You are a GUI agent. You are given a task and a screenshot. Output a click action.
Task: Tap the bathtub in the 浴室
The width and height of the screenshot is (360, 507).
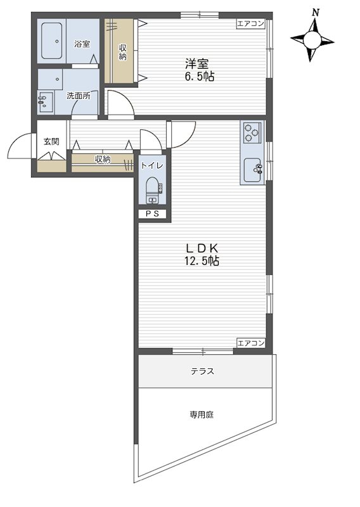click(x=52, y=41)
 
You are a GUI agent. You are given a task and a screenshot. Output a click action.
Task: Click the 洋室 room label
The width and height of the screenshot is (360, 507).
click(x=196, y=63)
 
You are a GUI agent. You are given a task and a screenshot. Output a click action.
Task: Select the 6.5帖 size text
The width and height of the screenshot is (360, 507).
click(x=199, y=77)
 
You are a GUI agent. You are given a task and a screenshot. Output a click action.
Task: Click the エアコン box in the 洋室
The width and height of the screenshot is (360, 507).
click(x=251, y=23)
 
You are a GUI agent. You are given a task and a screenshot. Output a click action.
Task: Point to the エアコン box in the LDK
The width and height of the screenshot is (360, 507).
click(x=251, y=343)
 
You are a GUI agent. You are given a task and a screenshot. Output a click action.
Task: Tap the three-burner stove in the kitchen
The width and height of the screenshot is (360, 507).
click(x=252, y=132)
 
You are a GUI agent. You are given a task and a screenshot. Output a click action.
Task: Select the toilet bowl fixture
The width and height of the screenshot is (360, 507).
click(x=152, y=190)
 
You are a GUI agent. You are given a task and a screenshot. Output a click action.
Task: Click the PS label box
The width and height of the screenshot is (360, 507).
click(x=152, y=214)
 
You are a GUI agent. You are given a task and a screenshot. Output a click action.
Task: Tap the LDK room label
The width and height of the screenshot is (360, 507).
click(x=202, y=248)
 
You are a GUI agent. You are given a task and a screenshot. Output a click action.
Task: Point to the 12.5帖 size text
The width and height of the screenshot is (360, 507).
click(x=202, y=260)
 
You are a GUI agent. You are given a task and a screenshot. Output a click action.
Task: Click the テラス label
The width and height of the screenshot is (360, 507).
click(x=202, y=371)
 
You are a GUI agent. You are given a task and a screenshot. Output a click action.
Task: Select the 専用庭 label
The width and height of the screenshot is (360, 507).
click(x=202, y=414)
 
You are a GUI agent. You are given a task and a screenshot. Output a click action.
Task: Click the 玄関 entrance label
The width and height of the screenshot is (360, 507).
click(x=51, y=141)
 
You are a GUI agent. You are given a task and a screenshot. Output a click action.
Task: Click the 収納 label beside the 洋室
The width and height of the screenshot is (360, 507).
click(x=123, y=52)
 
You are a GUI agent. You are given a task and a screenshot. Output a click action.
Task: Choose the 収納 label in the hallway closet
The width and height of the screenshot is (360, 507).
click(x=103, y=159)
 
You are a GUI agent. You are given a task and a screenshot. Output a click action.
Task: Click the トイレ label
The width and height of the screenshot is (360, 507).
click(x=152, y=165)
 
